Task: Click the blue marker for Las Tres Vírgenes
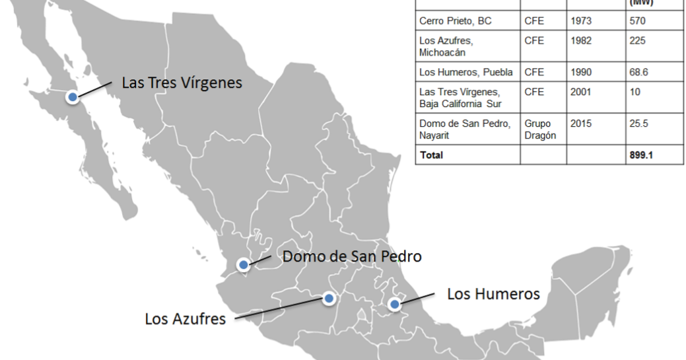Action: click(x=73, y=97)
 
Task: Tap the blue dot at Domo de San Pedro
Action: click(x=244, y=265)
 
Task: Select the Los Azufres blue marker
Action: click(x=329, y=299)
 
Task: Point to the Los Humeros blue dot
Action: click(x=394, y=305)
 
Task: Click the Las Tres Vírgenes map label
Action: click(x=182, y=83)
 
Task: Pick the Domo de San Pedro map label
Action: click(x=351, y=256)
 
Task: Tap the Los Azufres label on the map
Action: click(x=185, y=319)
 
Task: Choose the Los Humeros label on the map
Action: click(x=493, y=294)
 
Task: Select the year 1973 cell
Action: click(x=581, y=21)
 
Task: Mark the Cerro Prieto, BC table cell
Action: click(x=456, y=21)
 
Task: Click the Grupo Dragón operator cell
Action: click(x=540, y=129)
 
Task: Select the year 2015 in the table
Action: click(x=581, y=124)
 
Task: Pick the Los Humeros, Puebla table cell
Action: click(x=466, y=72)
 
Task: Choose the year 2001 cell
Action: click(x=581, y=92)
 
